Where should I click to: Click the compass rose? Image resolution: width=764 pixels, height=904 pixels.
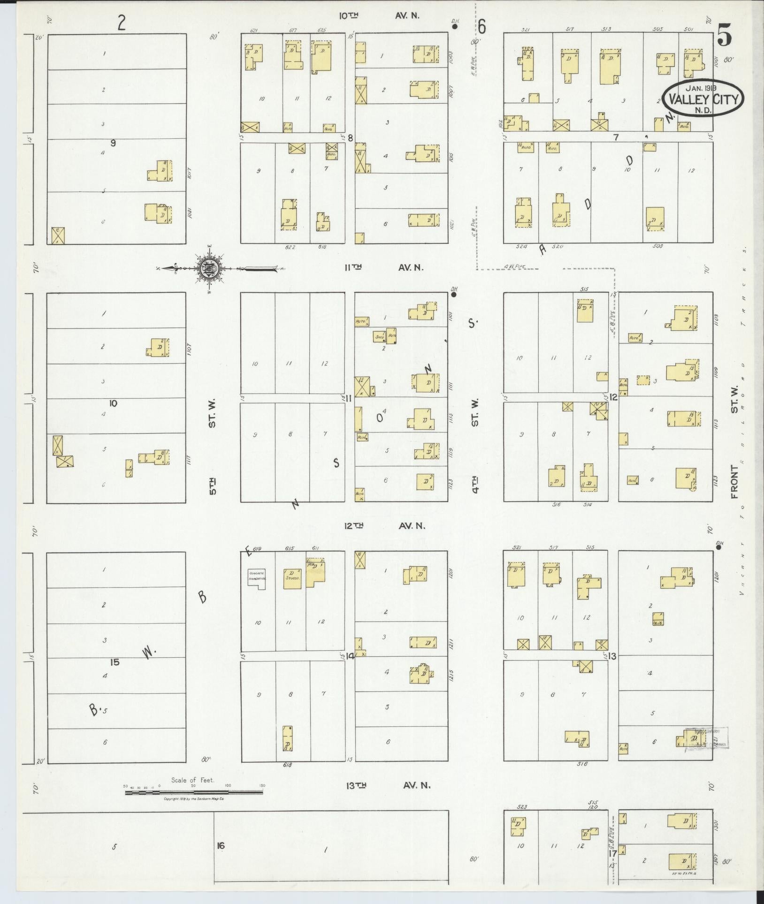coord(208,269)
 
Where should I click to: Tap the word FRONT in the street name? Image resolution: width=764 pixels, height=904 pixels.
coord(734,481)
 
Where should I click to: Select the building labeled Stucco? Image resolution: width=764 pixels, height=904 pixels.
coord(292,578)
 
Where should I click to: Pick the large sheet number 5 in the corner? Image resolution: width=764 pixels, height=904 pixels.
coord(724,35)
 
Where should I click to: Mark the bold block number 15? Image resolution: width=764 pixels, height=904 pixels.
coord(115,662)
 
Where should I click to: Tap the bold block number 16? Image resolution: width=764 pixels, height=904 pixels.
coord(221,846)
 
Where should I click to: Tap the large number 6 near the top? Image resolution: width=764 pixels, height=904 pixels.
coord(482,28)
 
